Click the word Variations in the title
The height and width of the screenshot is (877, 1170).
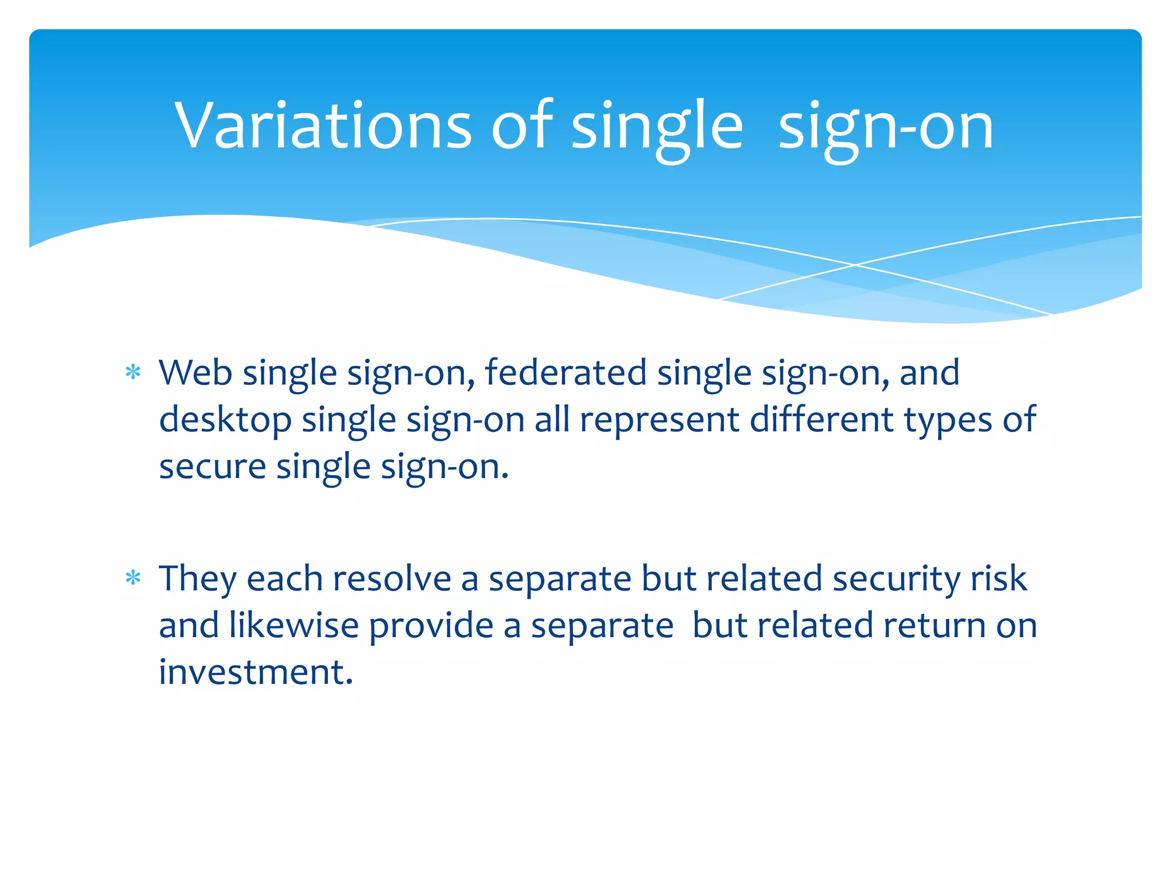(323, 126)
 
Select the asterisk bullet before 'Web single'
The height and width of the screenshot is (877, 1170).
(133, 373)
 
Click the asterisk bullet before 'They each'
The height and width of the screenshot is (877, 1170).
(133, 578)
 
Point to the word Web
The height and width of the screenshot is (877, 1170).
(195, 373)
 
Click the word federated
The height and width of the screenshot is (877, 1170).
(566, 373)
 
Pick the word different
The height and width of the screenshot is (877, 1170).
(822, 420)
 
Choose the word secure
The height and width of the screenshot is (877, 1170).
(213, 467)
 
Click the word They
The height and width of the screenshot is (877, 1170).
(198, 578)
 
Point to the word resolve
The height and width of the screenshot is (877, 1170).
(392, 578)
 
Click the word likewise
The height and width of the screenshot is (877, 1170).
(294, 625)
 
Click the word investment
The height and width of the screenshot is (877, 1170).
(255, 672)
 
